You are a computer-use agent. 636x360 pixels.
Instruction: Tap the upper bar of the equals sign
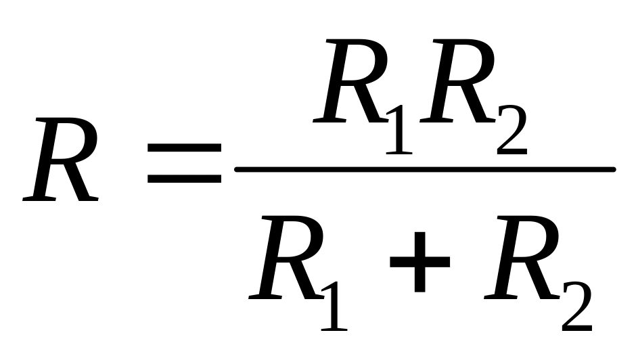pos(184,147)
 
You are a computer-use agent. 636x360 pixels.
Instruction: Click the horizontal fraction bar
pos(424,168)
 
